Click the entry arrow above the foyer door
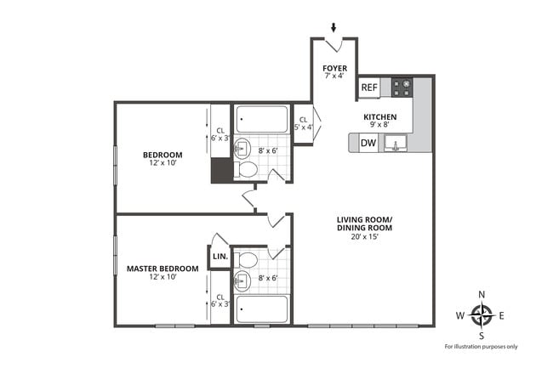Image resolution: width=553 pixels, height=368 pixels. (334, 28)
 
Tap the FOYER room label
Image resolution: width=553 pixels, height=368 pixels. (334, 71)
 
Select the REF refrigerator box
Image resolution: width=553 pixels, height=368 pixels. (369, 88)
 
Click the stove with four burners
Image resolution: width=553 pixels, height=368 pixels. (402, 86)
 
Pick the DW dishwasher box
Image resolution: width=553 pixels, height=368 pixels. (368, 143)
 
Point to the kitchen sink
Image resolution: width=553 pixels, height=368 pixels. (394, 144)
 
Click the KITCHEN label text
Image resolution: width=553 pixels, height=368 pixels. (379, 121)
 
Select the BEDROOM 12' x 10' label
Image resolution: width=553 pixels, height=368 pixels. (162, 158)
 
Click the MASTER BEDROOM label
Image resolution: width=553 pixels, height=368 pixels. (162, 273)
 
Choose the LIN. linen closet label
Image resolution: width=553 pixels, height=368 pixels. (219, 257)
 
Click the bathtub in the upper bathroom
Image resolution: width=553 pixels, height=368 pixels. (262, 119)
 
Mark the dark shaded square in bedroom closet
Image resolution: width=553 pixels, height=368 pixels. (220, 171)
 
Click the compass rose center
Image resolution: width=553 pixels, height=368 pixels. (482, 316)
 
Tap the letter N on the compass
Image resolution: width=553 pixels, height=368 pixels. (482, 294)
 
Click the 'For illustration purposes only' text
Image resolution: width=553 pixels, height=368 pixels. (482, 347)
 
